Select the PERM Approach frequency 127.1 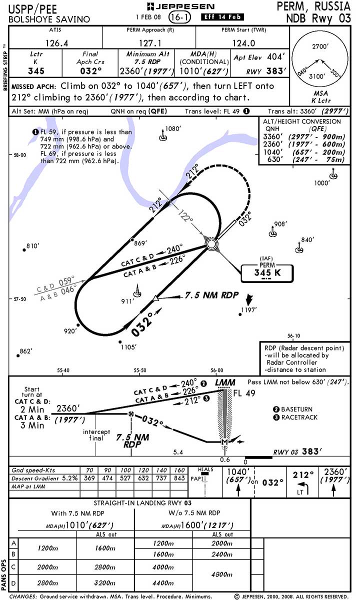coord(148,43)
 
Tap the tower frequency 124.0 coord(242,43)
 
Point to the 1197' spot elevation coord(248,310)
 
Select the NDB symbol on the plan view coord(211,244)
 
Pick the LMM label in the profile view coord(225,383)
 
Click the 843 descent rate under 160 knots coord(178,478)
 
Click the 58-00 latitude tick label coord(19,155)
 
